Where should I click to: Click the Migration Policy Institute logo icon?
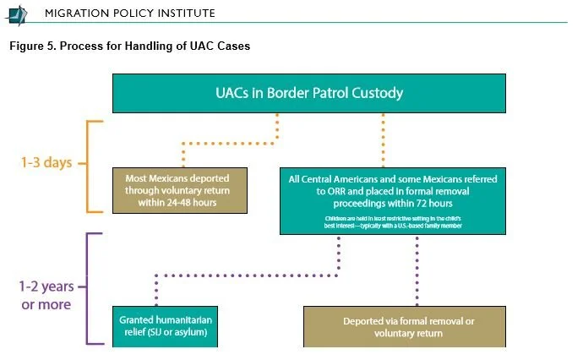tap(18, 13)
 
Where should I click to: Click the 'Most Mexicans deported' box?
tap(182, 190)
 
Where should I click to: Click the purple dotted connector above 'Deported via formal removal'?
tap(417, 270)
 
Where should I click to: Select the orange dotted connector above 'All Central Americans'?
tap(383, 139)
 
